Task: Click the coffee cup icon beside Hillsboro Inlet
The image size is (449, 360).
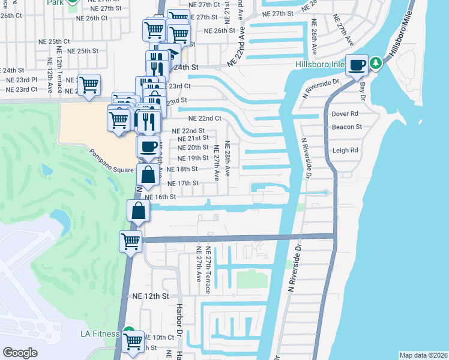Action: point(357,65)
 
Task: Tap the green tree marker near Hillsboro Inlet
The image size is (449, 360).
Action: point(376,63)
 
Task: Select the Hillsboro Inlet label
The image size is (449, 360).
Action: point(319,65)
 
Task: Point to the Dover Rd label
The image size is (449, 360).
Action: point(345,113)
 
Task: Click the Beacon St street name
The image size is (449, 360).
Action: point(347,127)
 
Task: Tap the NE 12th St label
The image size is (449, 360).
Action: point(151,296)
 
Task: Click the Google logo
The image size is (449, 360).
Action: point(20,353)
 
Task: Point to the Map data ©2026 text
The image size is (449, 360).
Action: point(423,355)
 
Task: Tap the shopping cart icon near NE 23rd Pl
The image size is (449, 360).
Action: point(89,84)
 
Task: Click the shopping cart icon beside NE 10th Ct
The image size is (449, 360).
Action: point(133,341)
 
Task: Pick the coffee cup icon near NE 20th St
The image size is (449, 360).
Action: point(148,146)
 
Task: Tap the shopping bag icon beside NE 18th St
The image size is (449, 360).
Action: point(148,175)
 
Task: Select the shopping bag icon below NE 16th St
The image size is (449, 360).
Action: point(138,211)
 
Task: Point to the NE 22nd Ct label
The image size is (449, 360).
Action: point(205,119)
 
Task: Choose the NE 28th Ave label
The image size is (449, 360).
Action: point(228,158)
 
